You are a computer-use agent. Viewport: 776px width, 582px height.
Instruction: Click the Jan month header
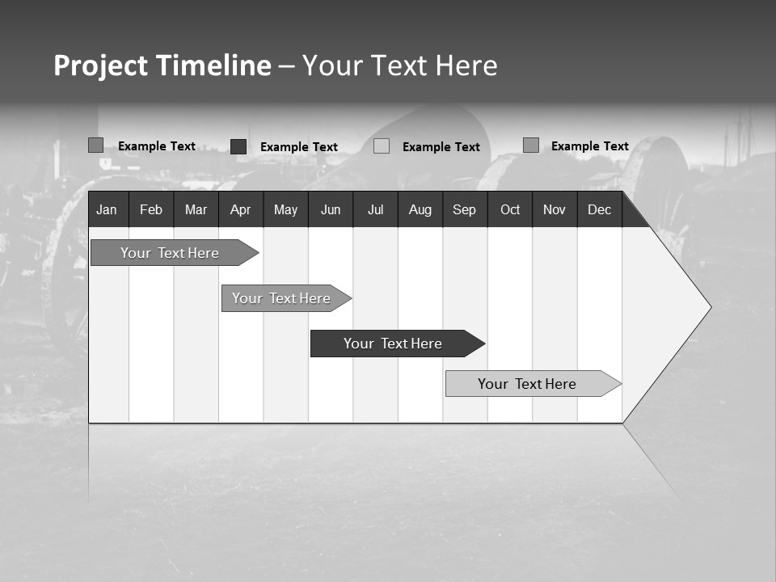(107, 210)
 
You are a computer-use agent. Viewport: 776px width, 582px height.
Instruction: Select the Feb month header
(151, 210)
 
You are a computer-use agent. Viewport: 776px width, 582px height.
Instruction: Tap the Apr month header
(240, 210)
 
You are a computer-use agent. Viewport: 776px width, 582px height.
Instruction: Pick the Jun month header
(331, 210)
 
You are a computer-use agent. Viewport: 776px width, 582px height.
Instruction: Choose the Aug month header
(420, 210)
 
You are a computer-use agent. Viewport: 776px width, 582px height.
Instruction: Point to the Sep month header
(464, 210)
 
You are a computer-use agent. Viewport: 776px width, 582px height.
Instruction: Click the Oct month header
(510, 210)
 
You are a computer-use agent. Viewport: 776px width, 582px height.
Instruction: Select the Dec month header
(600, 210)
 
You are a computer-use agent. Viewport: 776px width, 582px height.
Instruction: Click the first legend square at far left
(96, 145)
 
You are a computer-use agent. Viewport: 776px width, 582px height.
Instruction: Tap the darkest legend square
(238, 146)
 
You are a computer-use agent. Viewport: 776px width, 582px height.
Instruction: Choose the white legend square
(382, 146)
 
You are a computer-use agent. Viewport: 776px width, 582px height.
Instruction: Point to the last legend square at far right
(531, 145)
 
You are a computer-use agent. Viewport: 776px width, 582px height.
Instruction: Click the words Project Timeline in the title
(162, 65)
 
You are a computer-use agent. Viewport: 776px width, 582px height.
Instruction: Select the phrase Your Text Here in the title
(399, 65)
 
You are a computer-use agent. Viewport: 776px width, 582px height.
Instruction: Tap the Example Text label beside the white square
(441, 147)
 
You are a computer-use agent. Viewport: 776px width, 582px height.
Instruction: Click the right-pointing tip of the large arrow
(709, 307)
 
